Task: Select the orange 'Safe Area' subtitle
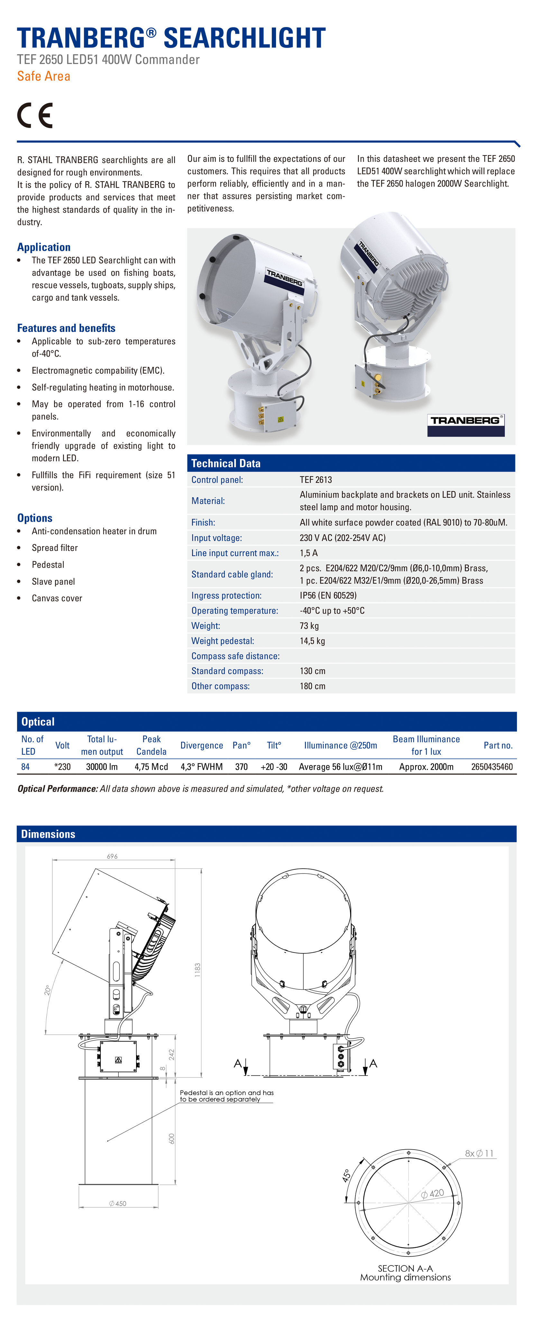43,76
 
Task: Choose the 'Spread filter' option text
55,547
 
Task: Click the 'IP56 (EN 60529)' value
328,595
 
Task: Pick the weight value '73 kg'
309,625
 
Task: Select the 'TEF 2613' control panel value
316,480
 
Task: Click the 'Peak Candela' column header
151,745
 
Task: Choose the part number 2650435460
492,766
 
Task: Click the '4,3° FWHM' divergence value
201,766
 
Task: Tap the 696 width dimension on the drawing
112,856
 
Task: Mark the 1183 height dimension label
197,970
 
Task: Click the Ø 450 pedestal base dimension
117,1203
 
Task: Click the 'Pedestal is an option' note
226,1096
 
